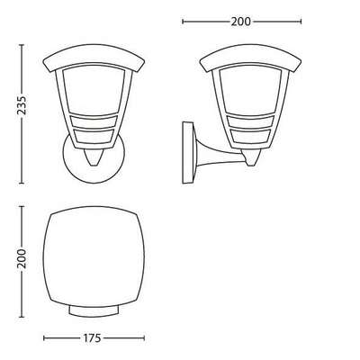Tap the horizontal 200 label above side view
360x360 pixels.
(x=241, y=20)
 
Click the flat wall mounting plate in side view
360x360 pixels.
(x=188, y=149)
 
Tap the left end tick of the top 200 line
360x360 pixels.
(x=183, y=20)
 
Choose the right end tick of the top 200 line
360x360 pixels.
(x=301, y=20)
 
